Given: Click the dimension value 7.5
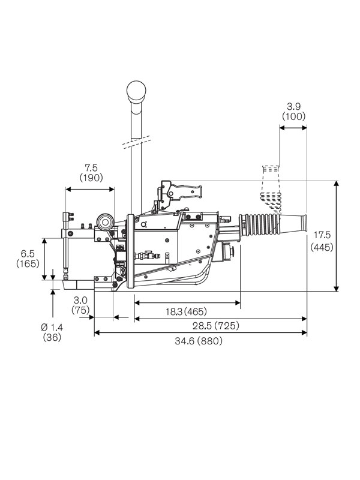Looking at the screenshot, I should click(91, 167).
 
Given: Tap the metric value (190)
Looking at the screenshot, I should click(91, 178).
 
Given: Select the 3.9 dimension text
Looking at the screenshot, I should click(293, 106).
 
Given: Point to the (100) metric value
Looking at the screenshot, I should click(293, 116).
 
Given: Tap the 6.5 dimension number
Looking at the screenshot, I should click(28, 253).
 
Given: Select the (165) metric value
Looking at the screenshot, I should click(28, 264).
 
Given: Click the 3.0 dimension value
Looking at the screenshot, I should click(80, 299).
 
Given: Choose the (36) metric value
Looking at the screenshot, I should click(52, 337).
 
